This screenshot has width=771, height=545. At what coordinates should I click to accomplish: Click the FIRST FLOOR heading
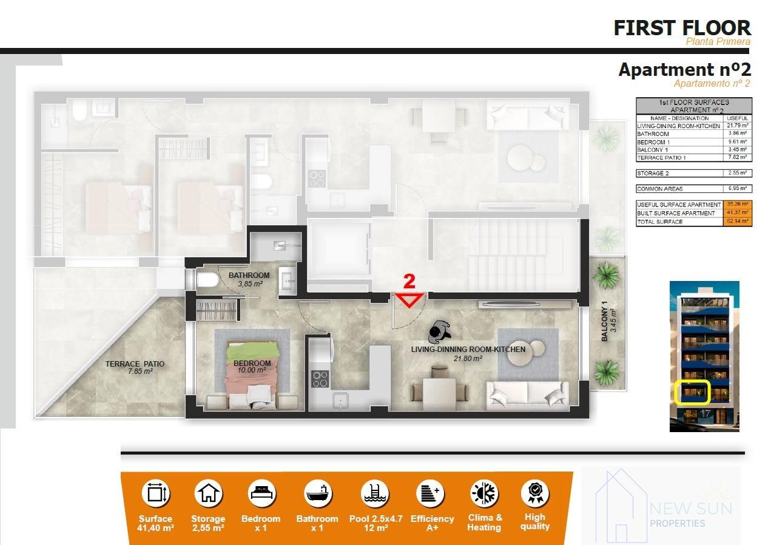point(682,28)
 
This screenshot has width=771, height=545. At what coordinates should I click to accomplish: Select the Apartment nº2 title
point(684,70)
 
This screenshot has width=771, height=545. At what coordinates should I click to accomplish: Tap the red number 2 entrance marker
point(409,282)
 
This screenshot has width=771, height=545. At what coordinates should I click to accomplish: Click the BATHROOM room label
point(249,276)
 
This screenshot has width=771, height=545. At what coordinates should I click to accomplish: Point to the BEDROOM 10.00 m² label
point(252,367)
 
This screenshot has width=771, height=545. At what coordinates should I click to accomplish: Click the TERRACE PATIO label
point(134,367)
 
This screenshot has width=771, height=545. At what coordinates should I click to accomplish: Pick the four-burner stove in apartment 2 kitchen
point(319,378)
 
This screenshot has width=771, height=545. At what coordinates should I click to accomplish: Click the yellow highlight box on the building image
point(692,392)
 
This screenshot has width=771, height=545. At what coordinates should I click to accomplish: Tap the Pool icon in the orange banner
point(374,493)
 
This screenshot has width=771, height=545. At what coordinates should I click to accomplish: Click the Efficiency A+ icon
point(431,493)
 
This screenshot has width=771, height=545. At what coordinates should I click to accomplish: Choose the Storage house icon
point(208,493)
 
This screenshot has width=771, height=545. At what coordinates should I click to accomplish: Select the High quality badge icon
point(534,493)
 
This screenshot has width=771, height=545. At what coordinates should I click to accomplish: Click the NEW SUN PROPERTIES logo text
point(690,515)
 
